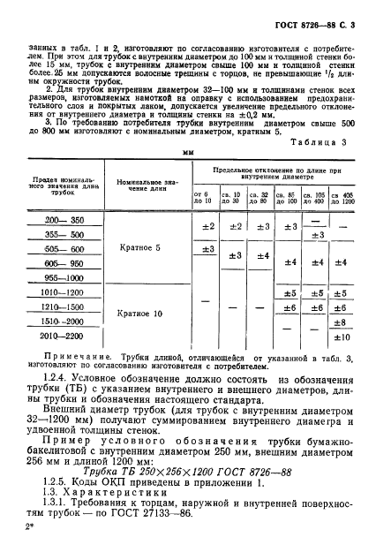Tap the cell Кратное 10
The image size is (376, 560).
[140, 314]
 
